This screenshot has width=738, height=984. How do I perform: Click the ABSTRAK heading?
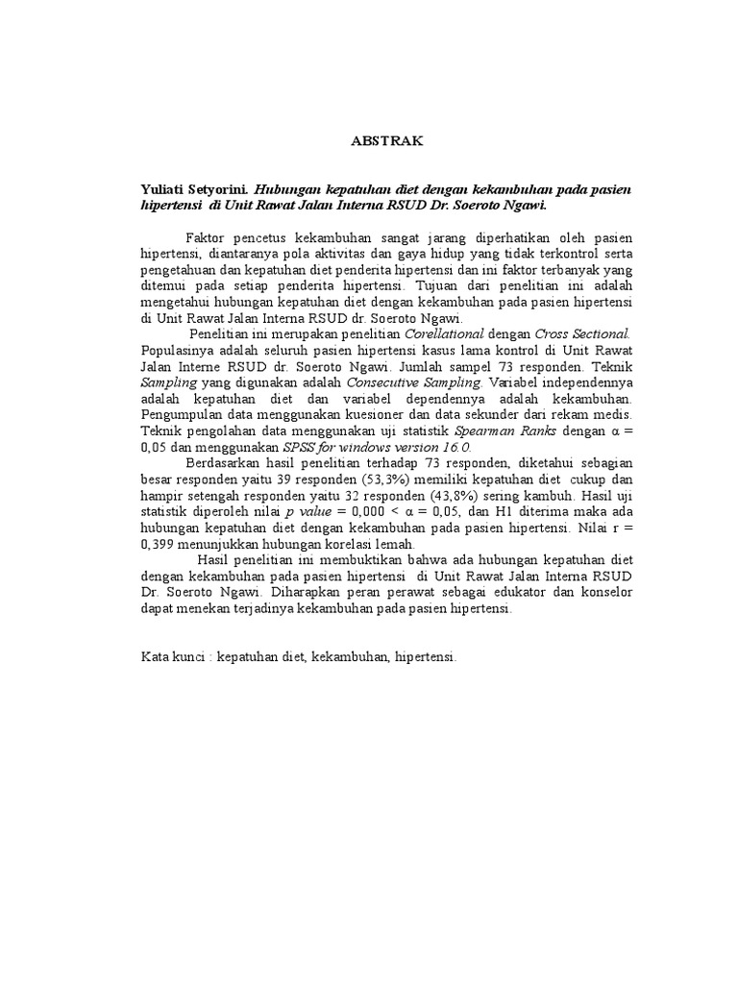[x=384, y=141]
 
